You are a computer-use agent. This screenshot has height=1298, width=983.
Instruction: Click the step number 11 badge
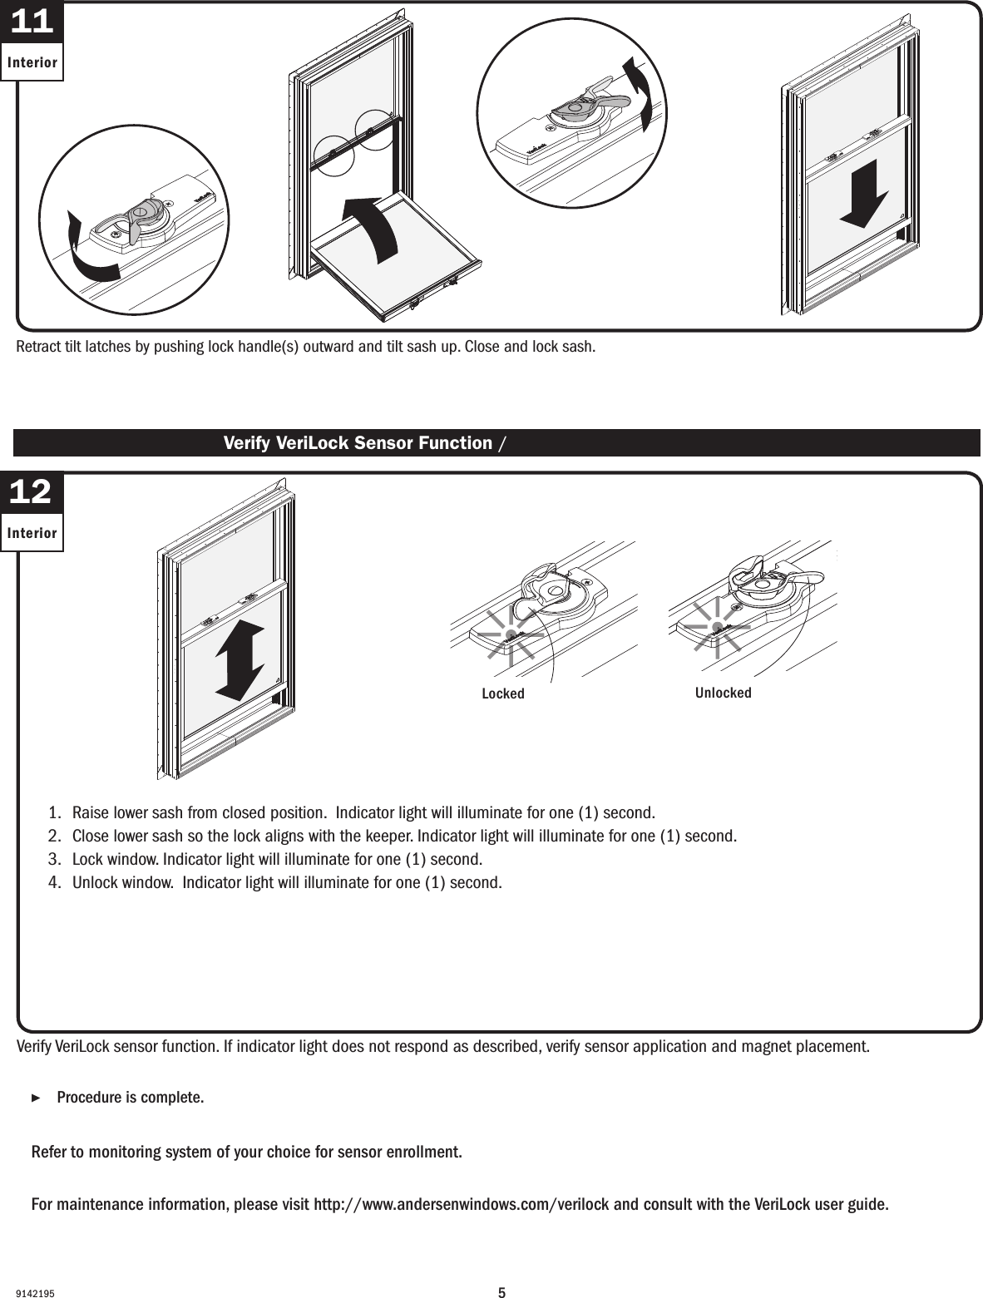32,22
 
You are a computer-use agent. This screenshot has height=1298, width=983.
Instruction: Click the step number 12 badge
32,492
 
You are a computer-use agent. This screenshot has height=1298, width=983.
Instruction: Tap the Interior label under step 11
32,63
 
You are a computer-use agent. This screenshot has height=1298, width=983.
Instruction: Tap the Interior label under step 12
32,533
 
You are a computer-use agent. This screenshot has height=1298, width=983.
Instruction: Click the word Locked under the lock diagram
503,693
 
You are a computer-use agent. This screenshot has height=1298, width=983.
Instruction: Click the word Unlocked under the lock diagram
723,693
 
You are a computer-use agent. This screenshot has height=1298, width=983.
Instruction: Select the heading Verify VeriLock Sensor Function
358,442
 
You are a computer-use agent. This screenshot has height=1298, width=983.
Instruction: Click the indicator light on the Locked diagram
507,634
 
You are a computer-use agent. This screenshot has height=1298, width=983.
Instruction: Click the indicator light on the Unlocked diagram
716,626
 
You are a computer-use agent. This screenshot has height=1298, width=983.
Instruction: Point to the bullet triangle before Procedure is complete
35,1098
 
